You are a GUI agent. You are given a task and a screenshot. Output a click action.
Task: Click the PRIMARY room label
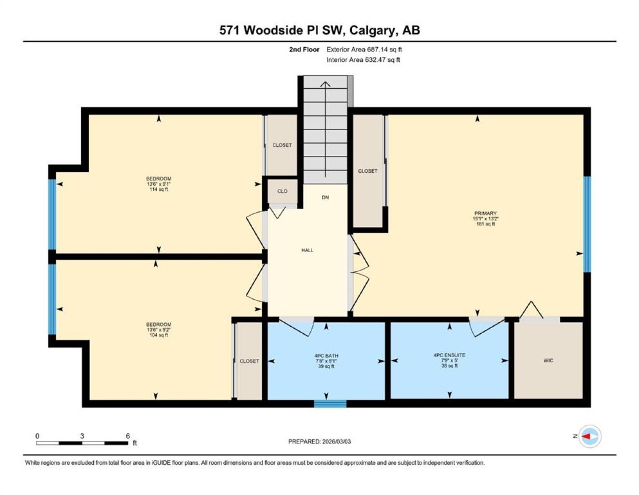pos(485,213)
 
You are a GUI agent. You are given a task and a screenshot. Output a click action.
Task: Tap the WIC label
pos(548,360)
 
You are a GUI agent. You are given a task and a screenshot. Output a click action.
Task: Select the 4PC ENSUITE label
pos(449,355)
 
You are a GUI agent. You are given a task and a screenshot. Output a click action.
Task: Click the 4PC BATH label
pos(326,356)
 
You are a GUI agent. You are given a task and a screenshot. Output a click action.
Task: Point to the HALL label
pos(307,250)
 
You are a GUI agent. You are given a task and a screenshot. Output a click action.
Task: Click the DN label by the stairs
pos(325,197)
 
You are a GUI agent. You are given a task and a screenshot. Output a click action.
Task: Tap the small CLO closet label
pos(282,191)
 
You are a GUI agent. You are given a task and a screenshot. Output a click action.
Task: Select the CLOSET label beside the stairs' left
pos(282,145)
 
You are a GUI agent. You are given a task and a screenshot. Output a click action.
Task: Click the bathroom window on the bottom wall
pos(330,404)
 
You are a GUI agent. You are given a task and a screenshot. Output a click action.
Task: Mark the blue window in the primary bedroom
pos(587,224)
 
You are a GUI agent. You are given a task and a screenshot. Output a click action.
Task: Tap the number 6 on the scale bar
pos(128,436)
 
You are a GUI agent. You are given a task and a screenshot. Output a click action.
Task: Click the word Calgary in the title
pos(372,31)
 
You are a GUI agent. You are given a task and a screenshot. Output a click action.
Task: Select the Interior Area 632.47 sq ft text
pos(363,60)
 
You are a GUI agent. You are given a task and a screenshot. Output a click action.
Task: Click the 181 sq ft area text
pos(486,224)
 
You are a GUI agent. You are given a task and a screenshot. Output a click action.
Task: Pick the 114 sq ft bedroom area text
pos(159,189)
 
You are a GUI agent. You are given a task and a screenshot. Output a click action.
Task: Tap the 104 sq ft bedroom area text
pos(159,335)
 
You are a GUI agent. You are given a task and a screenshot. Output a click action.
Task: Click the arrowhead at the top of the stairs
pos(325,84)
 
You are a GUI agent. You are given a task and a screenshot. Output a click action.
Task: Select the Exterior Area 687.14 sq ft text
pos(364,49)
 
